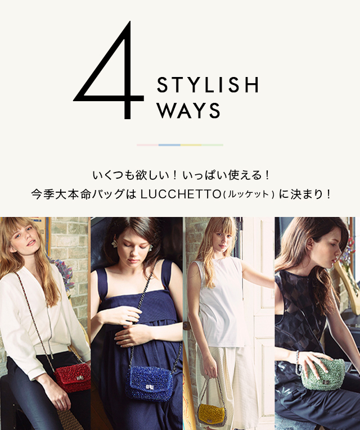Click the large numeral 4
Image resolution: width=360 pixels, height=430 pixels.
(110, 73)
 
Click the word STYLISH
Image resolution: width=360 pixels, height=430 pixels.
(208, 85)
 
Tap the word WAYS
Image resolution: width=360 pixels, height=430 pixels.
(188, 111)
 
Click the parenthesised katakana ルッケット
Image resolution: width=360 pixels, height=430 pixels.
(248, 195)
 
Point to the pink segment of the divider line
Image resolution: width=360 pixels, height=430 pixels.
(147, 145)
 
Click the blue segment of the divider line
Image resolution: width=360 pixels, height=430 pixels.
(169, 145)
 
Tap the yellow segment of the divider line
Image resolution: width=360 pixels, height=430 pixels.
(191, 145)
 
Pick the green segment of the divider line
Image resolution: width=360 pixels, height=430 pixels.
(213, 145)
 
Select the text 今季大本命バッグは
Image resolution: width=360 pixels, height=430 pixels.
(83, 194)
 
